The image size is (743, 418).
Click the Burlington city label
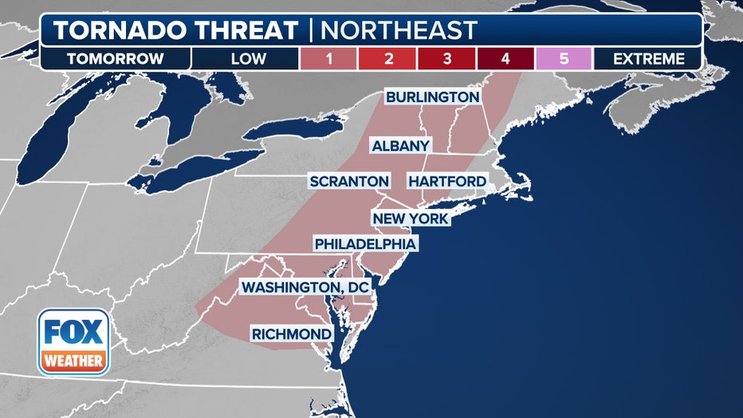[x=433, y=97]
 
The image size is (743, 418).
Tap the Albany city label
[x=401, y=146]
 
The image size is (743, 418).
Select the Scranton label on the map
[x=349, y=182]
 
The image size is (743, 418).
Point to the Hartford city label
[x=446, y=182]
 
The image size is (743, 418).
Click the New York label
[x=411, y=219]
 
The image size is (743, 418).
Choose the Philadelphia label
[x=365, y=243]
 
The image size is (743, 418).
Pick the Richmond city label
[x=291, y=333]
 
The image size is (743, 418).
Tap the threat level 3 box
[x=446, y=58]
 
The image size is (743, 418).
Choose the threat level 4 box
[x=505, y=58]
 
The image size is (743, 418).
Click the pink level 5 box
[x=564, y=58]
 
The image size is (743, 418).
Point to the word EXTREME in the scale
[x=649, y=58]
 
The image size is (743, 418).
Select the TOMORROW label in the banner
[x=116, y=58]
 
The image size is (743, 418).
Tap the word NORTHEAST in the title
[x=398, y=30]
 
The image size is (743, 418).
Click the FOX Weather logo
[x=73, y=341]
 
